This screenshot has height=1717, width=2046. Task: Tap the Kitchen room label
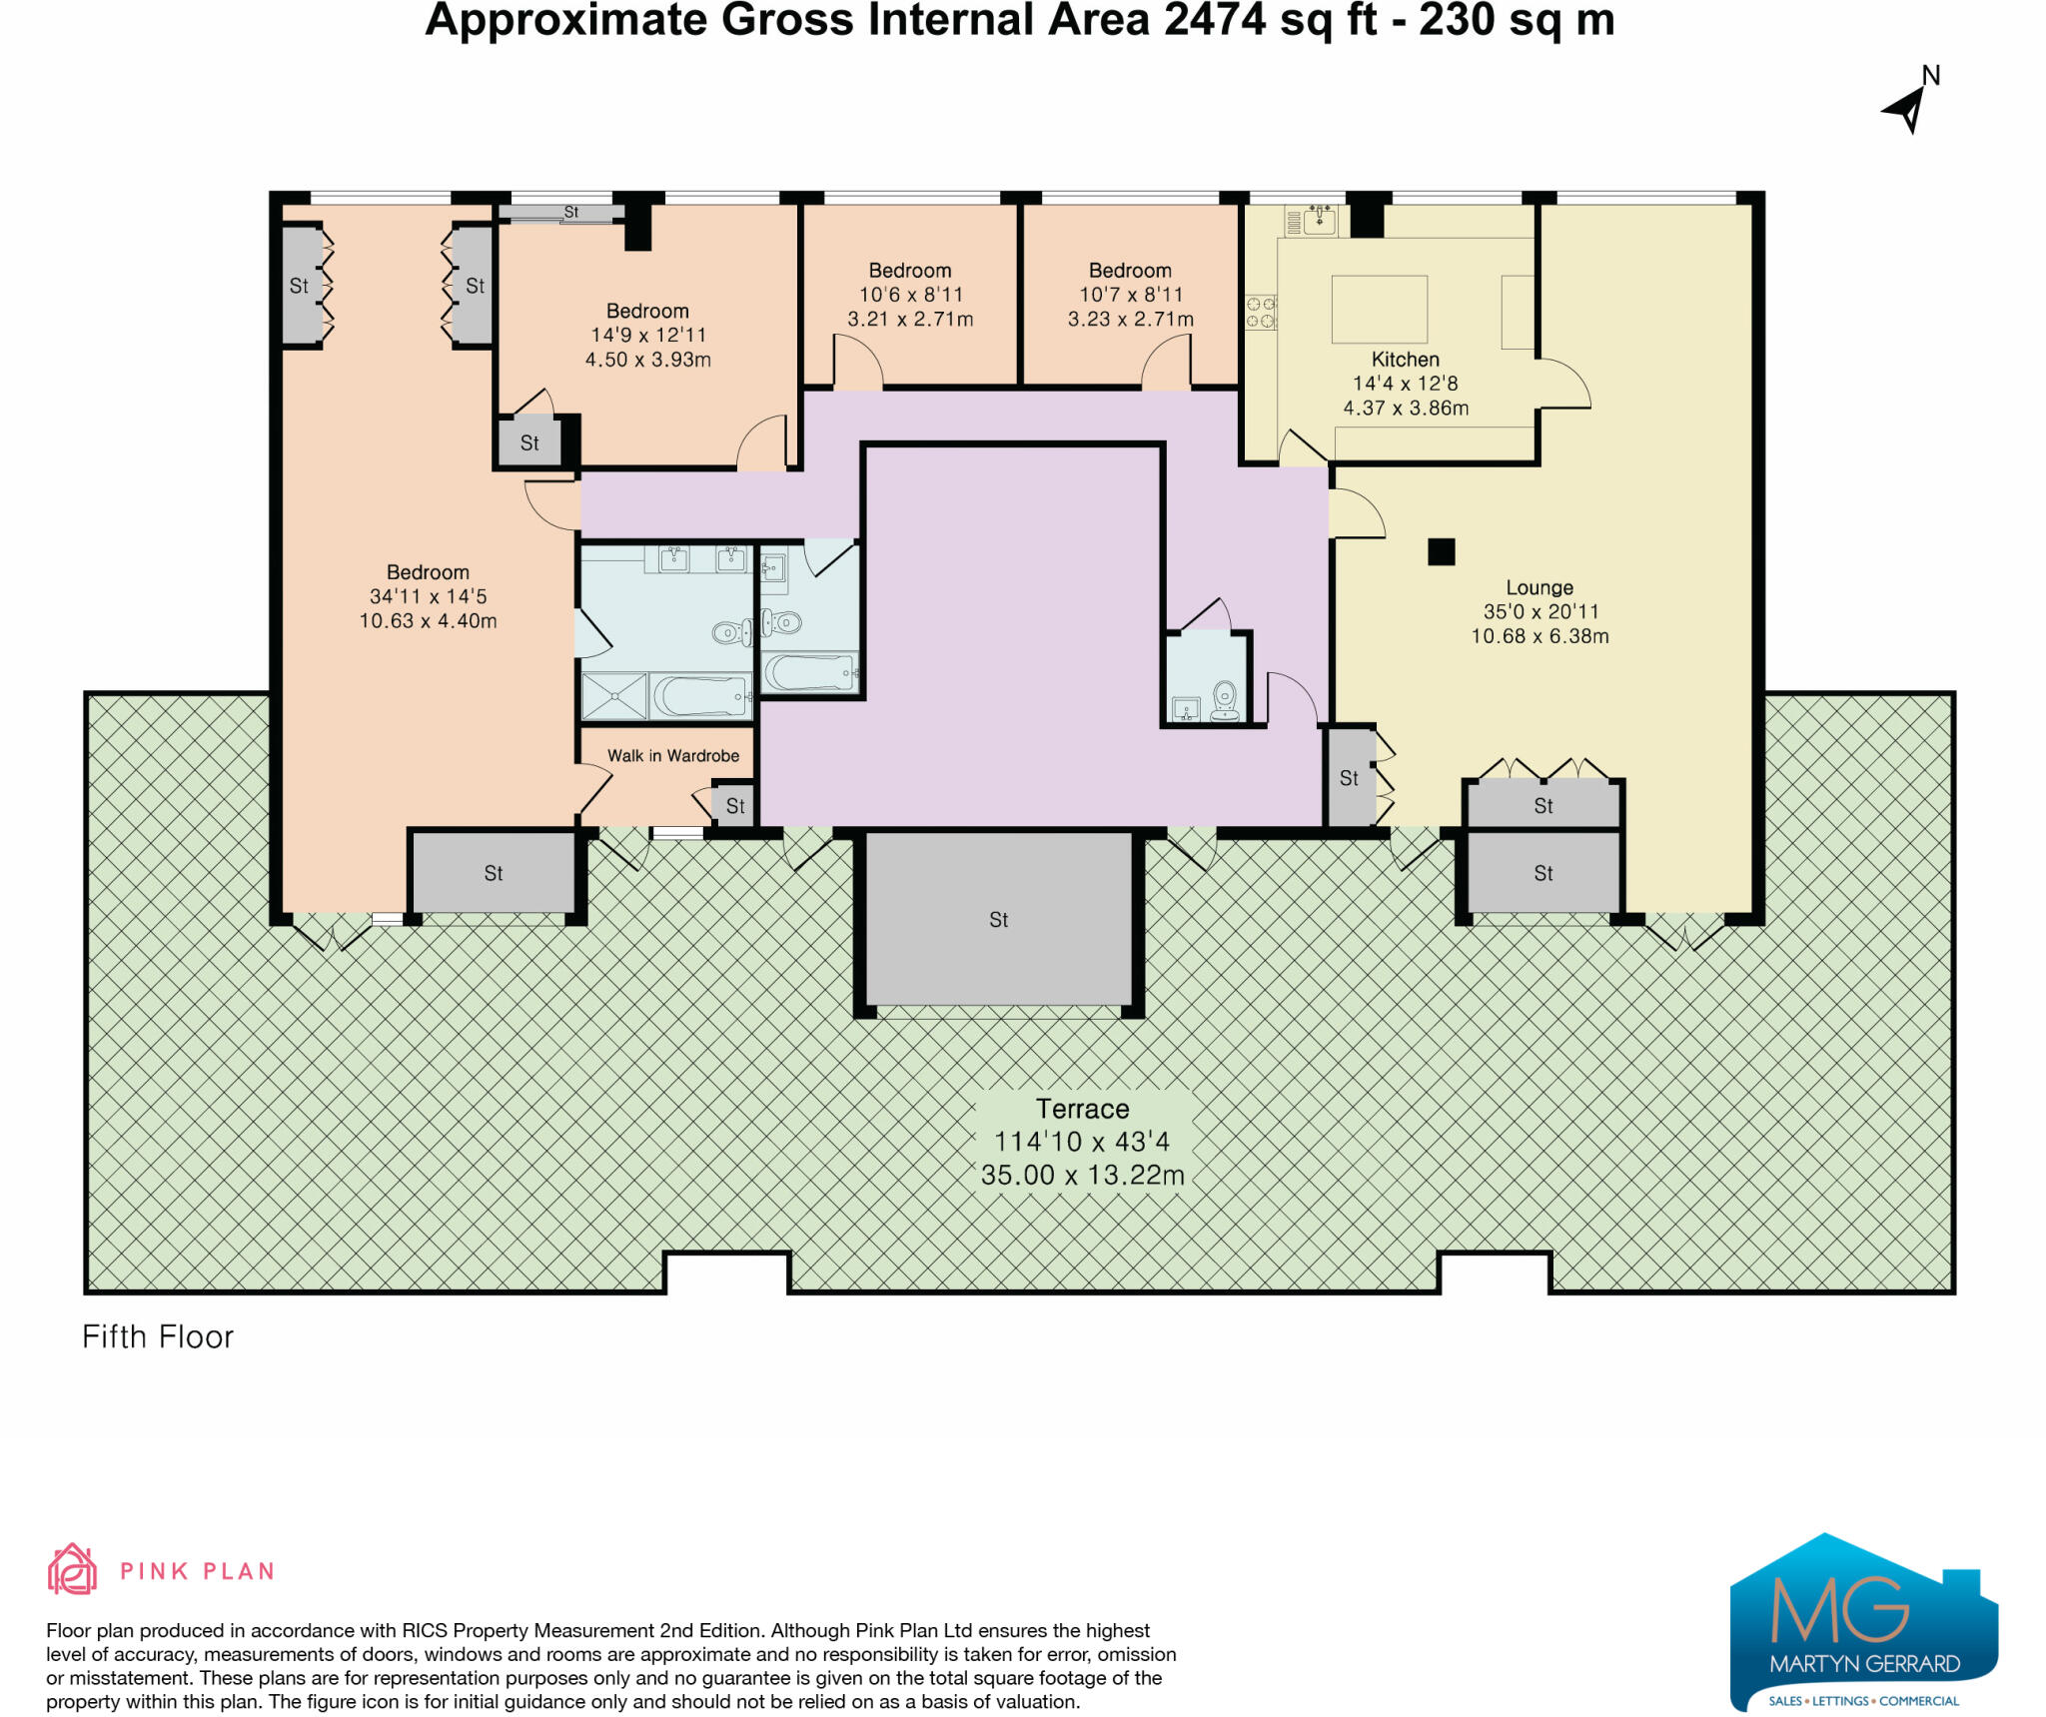[x=1405, y=360]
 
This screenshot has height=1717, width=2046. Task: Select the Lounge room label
[x=1539, y=588]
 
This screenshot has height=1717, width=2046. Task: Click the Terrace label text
[x=1082, y=1109]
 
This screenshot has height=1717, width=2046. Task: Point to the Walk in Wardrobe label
[x=673, y=756]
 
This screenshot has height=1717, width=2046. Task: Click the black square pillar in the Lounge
[x=1441, y=551]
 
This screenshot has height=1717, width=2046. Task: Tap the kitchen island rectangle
[x=1379, y=310]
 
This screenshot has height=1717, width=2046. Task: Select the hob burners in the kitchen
[x=1260, y=312]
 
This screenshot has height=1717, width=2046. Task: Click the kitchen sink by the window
[x=1320, y=219]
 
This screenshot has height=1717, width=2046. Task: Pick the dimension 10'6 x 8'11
[x=910, y=295]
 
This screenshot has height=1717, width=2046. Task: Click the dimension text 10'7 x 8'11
[x=1130, y=295]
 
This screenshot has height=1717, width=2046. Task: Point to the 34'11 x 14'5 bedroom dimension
[x=428, y=596]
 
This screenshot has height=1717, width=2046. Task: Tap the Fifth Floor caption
[x=158, y=1337]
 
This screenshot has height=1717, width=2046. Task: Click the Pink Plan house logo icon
[x=72, y=1569]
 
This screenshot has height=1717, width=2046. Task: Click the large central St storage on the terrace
[x=998, y=919]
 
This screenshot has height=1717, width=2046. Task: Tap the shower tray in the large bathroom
[x=614, y=696]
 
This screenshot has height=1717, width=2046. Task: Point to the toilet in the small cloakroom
[x=1225, y=699]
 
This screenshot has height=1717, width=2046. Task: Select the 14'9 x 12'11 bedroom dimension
[x=647, y=336]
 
